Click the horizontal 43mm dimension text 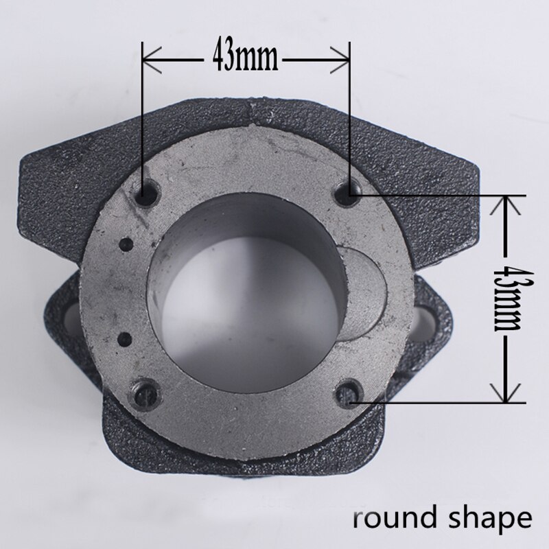coord(245,58)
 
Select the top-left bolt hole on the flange coord(147,192)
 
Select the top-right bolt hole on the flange coord(348,191)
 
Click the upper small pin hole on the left coord(126,244)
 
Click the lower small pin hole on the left coord(125,339)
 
